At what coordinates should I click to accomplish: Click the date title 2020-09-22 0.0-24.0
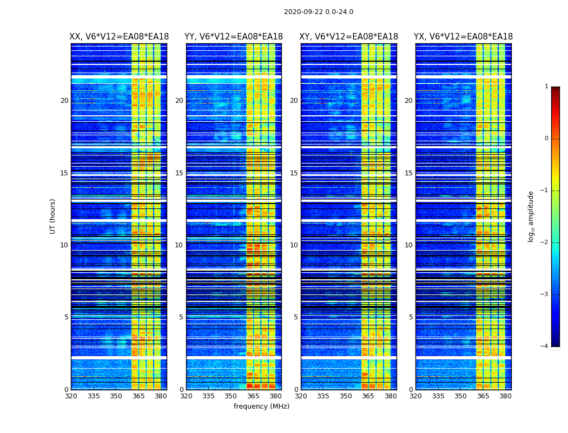pyautogui.click(x=319, y=12)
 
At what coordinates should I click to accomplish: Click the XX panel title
pyautogui.click(x=119, y=37)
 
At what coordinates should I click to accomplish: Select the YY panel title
pyautogui.click(x=234, y=37)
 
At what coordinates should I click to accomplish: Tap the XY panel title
pyautogui.click(x=349, y=37)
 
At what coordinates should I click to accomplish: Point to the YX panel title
pyautogui.click(x=463, y=37)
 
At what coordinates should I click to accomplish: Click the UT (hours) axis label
pyautogui.click(x=52, y=216)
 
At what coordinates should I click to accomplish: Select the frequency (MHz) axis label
pyautogui.click(x=261, y=406)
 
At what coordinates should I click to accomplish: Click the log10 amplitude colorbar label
pyautogui.click(x=531, y=216)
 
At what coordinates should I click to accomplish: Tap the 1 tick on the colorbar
pyautogui.click(x=546, y=87)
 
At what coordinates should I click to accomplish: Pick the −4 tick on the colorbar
pyautogui.click(x=545, y=346)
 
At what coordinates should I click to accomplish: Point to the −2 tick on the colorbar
pyautogui.click(x=545, y=242)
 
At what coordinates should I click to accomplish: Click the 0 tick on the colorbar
pyautogui.click(x=546, y=139)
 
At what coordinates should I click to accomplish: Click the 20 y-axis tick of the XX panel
pyautogui.click(x=64, y=101)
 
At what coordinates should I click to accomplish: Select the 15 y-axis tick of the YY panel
pyautogui.click(x=179, y=173)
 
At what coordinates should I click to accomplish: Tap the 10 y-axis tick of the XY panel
pyautogui.click(x=294, y=245)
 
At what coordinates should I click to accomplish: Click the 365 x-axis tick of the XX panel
pyautogui.click(x=138, y=396)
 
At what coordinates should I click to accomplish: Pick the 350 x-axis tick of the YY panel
pyautogui.click(x=231, y=396)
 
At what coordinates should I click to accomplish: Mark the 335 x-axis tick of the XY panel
pyautogui.click(x=323, y=396)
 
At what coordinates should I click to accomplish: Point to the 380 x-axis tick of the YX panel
pyautogui.click(x=505, y=396)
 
